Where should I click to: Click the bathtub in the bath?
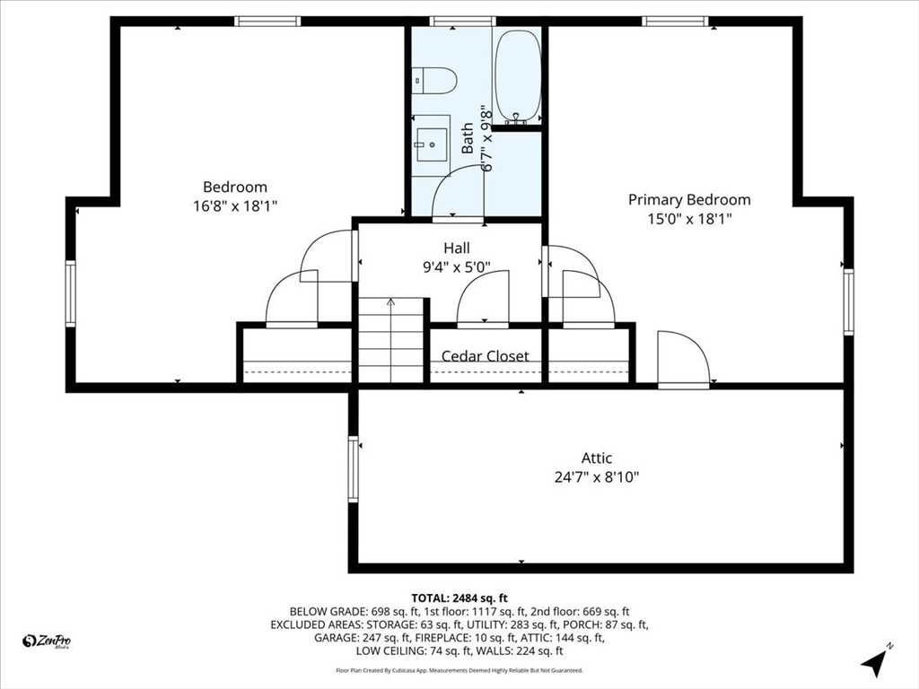point(518,76)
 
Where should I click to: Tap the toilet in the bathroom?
point(434,81)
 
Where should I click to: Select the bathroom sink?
point(431,140)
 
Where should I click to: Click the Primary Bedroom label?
point(688,200)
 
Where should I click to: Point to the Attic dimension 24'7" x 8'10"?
point(596,477)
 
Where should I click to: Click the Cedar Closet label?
point(485,356)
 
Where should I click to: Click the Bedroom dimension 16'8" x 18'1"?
point(234,205)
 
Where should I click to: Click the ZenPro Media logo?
point(47,641)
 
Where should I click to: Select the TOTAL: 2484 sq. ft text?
point(459,597)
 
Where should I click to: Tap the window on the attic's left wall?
point(354,468)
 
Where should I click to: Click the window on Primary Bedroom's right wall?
point(848,302)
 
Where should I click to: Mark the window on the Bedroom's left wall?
point(70,293)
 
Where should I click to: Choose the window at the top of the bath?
point(462,22)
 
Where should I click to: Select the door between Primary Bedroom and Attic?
point(683,361)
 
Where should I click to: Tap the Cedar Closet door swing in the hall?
point(484,301)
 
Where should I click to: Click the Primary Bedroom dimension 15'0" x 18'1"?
point(688,218)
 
